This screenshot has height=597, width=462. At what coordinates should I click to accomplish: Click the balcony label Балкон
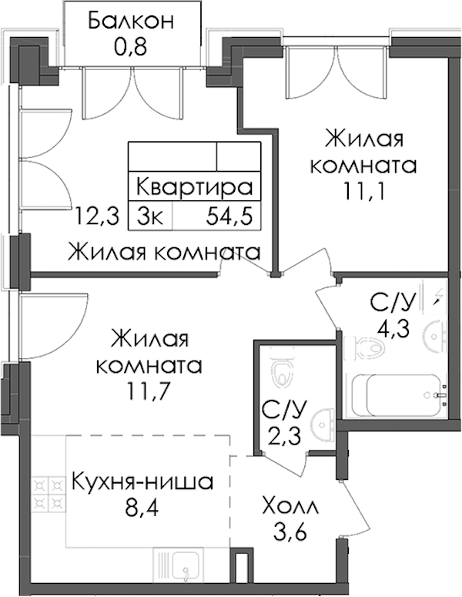(131, 22)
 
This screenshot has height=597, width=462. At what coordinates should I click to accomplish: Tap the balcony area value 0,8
(130, 48)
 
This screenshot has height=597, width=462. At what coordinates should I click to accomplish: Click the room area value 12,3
(98, 216)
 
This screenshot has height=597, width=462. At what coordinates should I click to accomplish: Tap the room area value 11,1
(363, 192)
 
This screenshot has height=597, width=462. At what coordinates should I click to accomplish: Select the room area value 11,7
(148, 391)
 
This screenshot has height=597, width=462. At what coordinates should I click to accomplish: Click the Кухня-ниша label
(142, 482)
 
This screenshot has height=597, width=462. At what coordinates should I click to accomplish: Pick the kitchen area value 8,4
(142, 508)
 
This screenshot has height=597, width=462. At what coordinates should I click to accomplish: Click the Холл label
(290, 507)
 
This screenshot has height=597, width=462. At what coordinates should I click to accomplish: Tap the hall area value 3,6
(290, 532)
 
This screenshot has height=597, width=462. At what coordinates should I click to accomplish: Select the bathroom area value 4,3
(393, 329)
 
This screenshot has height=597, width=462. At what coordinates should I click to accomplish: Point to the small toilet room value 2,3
(284, 435)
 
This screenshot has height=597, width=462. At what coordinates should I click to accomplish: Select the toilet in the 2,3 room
(283, 366)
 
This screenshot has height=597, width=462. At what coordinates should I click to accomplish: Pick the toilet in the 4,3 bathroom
(363, 347)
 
